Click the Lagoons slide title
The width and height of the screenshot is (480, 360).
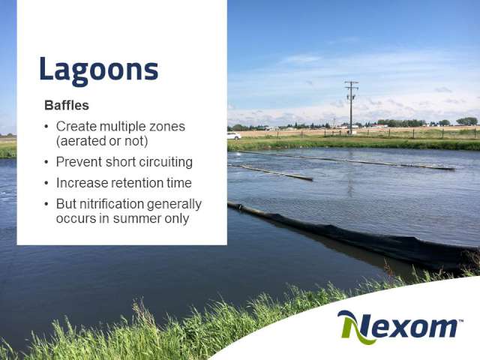pos(98,70)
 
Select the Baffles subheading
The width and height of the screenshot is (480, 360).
pos(67,105)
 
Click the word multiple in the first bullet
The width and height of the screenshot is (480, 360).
pos(122,126)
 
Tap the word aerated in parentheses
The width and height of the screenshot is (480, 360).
pos(82,141)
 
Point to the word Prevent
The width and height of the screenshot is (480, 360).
pos(79,162)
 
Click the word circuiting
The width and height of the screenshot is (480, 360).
pos(166,162)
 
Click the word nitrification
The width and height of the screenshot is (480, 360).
pos(112,204)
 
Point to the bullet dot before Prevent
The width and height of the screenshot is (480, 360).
pos(46,162)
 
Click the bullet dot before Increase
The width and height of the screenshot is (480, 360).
pos(46,183)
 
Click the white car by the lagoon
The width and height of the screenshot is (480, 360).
pos(234,136)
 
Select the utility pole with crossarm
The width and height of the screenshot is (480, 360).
pos(351,108)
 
